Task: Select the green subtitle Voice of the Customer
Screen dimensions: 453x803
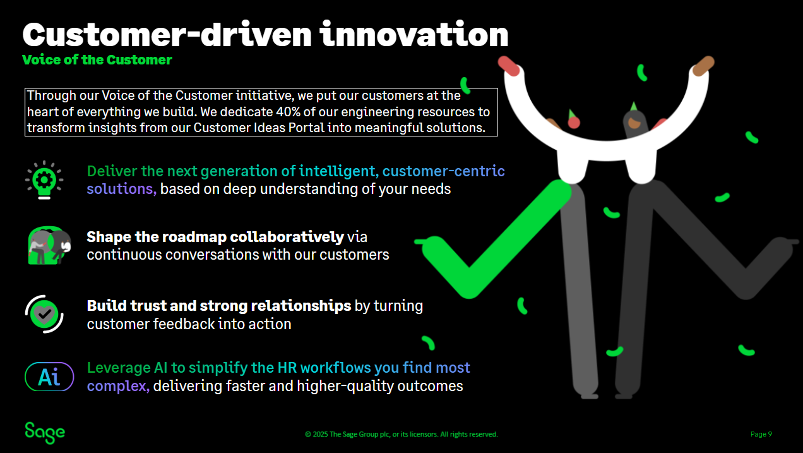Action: coord(97,60)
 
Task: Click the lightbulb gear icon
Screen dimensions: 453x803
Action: coord(44,180)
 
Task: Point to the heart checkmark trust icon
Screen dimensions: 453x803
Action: coord(44,313)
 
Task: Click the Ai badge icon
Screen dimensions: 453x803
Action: coord(49,377)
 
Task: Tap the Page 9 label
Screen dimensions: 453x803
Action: coord(761,434)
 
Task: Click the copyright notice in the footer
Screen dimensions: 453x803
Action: coord(401,434)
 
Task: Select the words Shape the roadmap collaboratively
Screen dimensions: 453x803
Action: coord(215,237)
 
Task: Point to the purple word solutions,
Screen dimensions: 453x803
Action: coord(122,188)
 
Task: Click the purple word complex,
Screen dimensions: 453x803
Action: coord(118,385)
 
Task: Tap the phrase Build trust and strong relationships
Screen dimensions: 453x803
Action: coord(218,306)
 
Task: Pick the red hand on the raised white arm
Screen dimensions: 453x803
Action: coord(509,66)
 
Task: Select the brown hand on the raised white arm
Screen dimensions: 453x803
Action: coord(703,66)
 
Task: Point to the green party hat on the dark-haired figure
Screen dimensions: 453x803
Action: coord(633,106)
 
